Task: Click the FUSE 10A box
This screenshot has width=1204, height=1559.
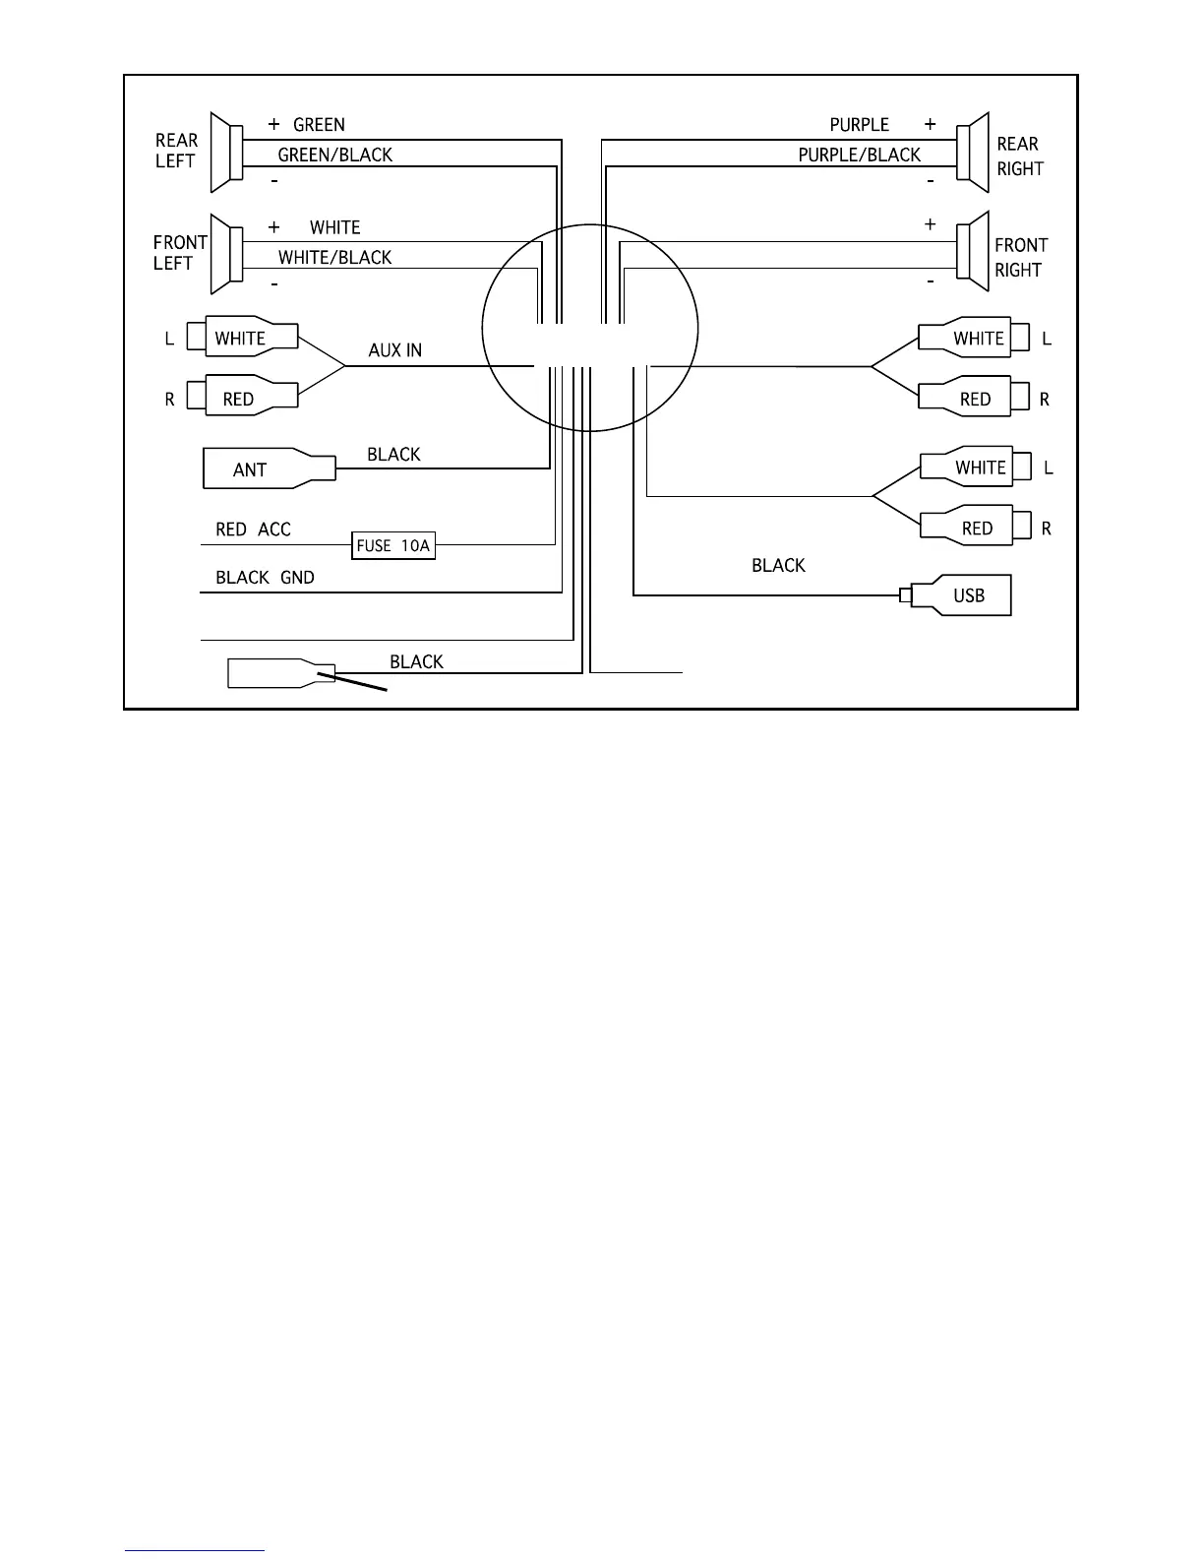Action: (x=393, y=545)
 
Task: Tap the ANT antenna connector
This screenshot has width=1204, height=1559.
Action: (x=268, y=469)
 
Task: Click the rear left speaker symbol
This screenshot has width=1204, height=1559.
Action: (x=225, y=153)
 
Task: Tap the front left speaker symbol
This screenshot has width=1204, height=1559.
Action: (x=225, y=254)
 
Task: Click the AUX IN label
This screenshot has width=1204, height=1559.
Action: (x=395, y=350)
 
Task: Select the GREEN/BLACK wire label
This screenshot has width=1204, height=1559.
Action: (x=335, y=156)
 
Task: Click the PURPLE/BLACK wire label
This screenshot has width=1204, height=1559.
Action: (x=859, y=156)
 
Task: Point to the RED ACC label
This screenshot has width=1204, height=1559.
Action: (x=253, y=530)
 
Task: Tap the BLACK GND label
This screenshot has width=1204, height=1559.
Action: (x=265, y=578)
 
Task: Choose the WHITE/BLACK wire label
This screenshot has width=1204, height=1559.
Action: (x=334, y=258)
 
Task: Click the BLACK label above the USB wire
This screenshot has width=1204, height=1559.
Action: (x=778, y=566)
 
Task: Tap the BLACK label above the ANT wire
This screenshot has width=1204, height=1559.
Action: (x=393, y=455)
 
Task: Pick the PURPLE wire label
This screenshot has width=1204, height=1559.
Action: (x=859, y=125)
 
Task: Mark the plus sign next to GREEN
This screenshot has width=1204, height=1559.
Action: (x=274, y=125)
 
